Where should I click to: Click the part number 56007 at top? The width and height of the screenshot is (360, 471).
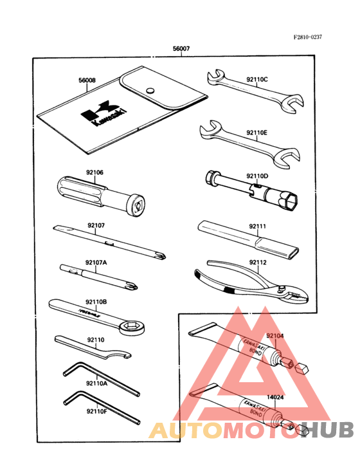coord(181,50)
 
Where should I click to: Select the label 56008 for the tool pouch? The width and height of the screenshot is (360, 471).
coord(87,80)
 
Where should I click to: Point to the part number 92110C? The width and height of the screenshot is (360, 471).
coord(257,80)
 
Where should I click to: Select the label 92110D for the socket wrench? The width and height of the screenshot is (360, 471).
coord(256,175)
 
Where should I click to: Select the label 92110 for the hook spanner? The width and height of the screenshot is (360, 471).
coord(94,338)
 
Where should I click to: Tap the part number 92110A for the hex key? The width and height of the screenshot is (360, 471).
coord(96,383)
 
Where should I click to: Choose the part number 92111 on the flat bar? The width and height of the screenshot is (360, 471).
coord(257,226)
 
